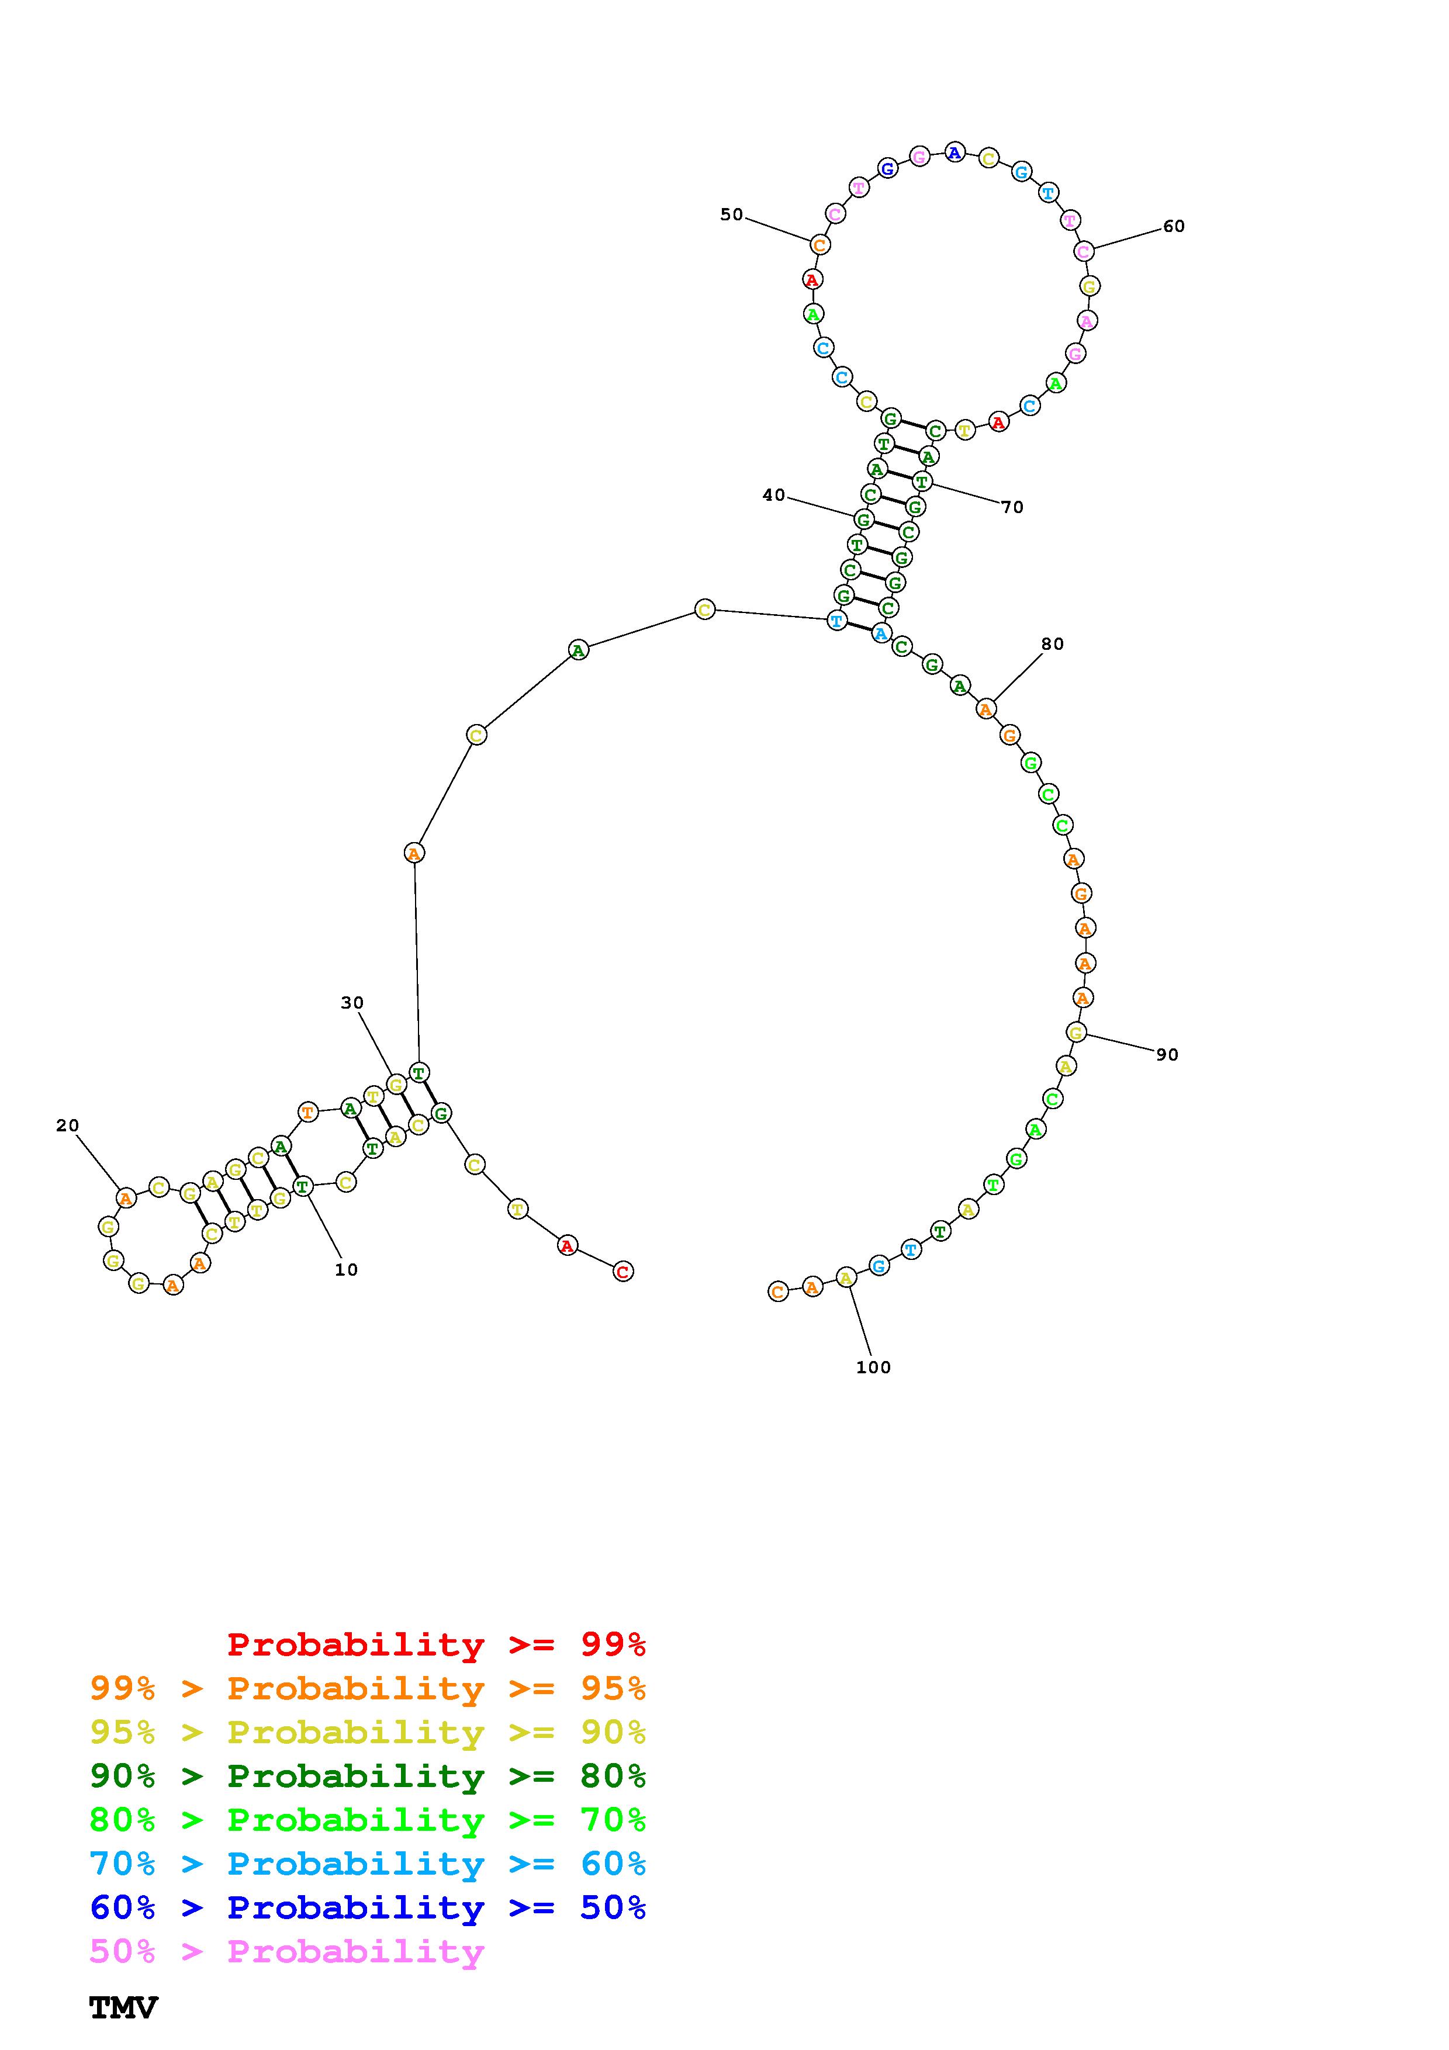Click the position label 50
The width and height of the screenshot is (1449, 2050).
click(x=731, y=214)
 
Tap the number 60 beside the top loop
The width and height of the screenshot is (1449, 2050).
click(x=1174, y=227)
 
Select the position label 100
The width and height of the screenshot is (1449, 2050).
click(x=873, y=1367)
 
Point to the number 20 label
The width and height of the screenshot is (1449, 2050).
click(x=68, y=1126)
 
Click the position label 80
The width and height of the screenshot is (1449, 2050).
click(x=1053, y=644)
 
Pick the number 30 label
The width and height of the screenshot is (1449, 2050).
click(x=352, y=1003)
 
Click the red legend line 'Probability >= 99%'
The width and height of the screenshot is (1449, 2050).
click(x=437, y=1644)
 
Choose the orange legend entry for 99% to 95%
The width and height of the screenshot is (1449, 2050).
click(x=368, y=1688)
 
